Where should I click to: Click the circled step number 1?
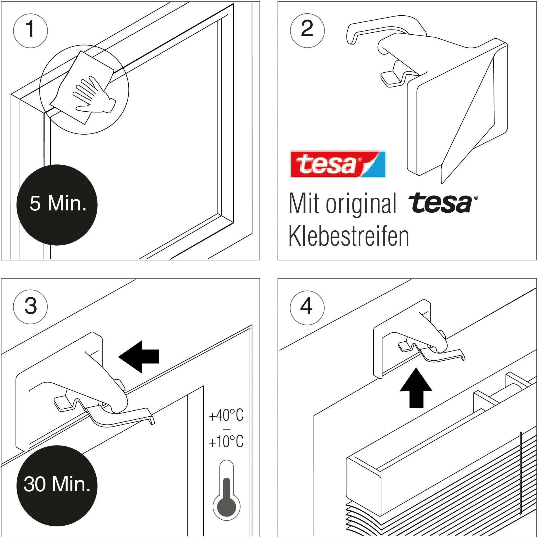(x=30, y=30)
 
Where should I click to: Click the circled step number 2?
(x=307, y=30)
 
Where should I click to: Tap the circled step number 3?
(x=30, y=307)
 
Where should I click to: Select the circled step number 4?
(x=307, y=308)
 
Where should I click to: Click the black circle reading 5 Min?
(x=57, y=205)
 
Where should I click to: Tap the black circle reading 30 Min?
(x=57, y=485)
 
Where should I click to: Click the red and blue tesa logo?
(x=338, y=164)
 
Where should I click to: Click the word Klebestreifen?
(x=348, y=236)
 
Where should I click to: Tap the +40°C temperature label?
(x=226, y=415)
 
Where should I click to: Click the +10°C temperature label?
(x=226, y=442)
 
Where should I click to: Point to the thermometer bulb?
(x=226, y=507)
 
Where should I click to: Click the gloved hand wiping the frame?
(x=94, y=95)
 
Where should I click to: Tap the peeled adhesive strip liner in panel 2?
(x=466, y=128)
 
